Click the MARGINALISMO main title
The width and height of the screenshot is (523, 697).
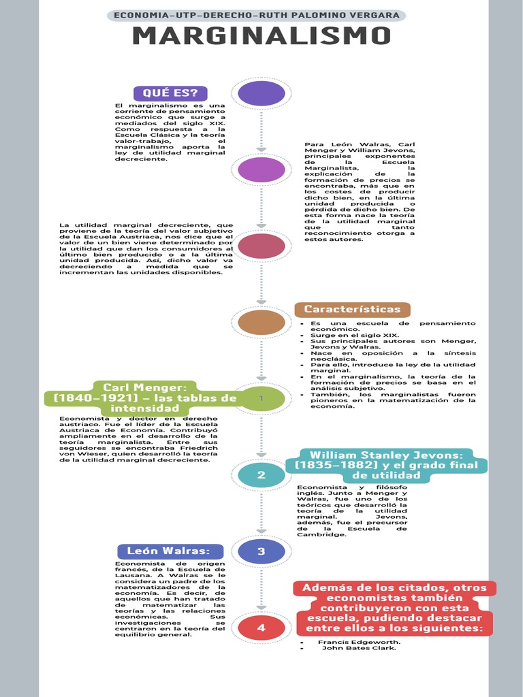[261, 35]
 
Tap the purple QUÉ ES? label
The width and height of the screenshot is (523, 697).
[171, 93]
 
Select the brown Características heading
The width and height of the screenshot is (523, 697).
[352, 310]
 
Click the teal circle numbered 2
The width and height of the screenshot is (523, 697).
[261, 474]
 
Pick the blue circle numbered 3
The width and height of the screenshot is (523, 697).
[261, 551]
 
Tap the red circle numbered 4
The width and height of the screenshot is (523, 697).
[261, 628]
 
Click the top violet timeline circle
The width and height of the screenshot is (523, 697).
[261, 93]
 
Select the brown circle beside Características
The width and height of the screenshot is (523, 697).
[261, 322]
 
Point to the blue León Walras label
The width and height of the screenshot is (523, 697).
[170, 551]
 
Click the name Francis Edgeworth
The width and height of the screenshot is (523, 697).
[359, 642]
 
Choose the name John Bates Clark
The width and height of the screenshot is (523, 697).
[359, 648]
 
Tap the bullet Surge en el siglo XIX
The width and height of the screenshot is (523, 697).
[354, 335]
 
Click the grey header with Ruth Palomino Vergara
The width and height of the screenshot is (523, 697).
[257, 16]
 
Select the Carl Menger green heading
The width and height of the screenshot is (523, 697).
[145, 398]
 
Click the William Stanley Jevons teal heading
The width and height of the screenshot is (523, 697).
[386, 465]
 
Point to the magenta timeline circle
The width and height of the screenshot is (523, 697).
[261, 169]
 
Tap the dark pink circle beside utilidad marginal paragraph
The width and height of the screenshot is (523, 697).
[261, 246]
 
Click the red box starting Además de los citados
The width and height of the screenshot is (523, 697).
[394, 608]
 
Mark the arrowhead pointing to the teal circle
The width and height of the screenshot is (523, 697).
[261, 455]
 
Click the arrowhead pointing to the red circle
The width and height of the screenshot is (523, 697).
[261, 608]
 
